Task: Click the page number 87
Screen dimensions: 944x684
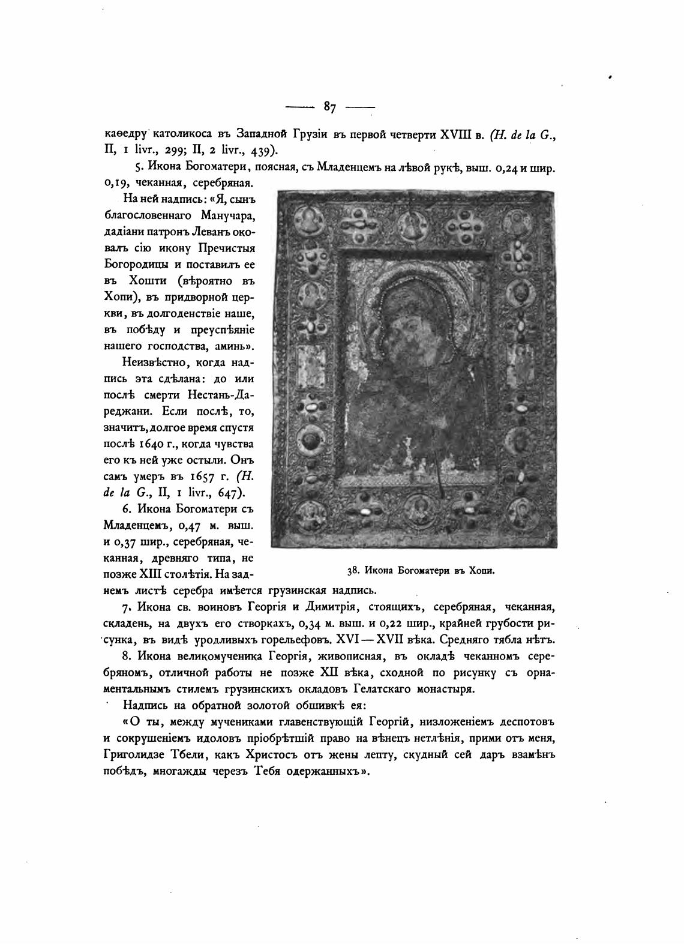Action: coord(329,107)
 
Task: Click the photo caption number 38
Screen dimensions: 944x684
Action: coord(352,570)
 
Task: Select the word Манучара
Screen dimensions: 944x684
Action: coord(214,215)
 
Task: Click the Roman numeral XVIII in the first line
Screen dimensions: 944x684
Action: coord(457,135)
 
